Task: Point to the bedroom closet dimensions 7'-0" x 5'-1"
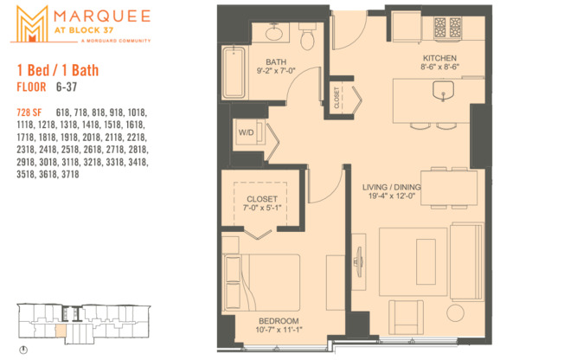click(262, 207)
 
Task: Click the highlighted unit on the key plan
click(59, 330)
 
